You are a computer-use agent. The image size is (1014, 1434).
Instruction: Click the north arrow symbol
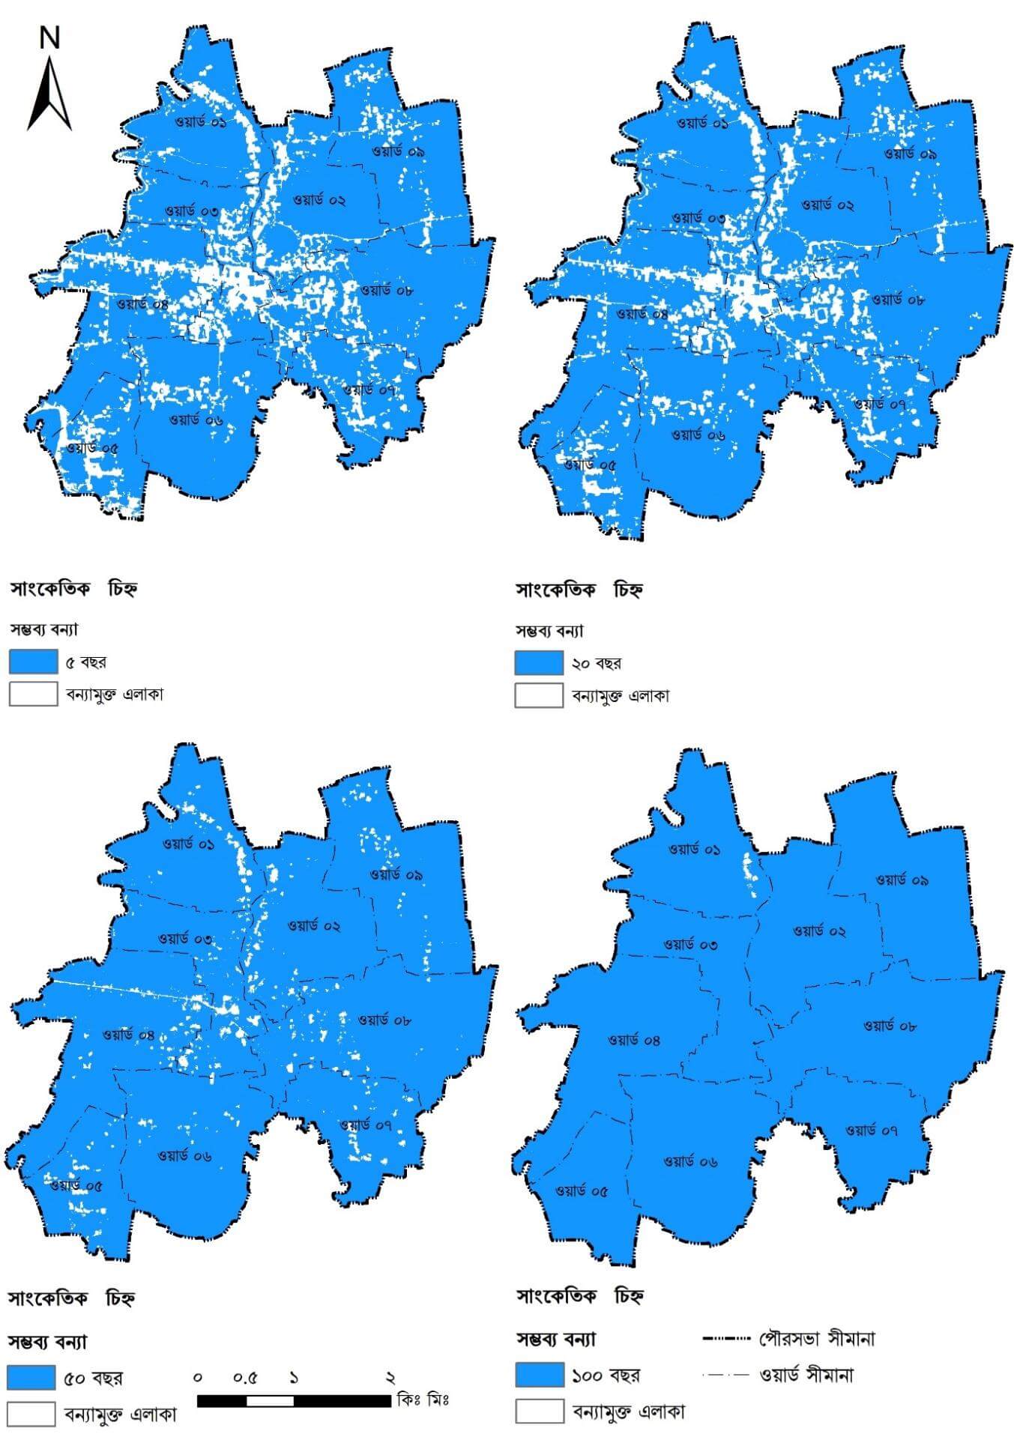tap(49, 95)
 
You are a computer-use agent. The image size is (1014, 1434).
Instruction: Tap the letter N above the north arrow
tap(49, 37)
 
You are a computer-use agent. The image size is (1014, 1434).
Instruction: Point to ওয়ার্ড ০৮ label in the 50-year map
tap(384, 1019)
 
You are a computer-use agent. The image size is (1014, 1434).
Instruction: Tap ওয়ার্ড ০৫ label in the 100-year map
tap(582, 1191)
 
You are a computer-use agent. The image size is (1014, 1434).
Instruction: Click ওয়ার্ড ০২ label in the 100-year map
tap(819, 931)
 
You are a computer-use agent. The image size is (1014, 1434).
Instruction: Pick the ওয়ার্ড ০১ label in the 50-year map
tap(189, 844)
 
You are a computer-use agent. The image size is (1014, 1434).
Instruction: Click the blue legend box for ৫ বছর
tap(34, 662)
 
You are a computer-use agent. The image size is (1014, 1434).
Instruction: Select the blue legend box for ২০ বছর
tap(539, 663)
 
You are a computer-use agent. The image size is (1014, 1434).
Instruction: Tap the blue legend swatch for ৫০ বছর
tap(32, 1377)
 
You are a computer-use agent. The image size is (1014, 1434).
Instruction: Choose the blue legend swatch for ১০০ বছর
tap(540, 1375)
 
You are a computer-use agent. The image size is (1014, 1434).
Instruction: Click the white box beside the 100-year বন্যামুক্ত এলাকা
tap(540, 1411)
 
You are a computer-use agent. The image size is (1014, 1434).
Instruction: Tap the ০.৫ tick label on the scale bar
tap(245, 1378)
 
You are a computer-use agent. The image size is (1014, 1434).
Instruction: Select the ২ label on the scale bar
tap(390, 1378)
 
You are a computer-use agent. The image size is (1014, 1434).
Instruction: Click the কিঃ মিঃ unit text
tap(423, 1399)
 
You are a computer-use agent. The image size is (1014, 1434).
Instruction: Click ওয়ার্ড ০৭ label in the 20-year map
tap(881, 403)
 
